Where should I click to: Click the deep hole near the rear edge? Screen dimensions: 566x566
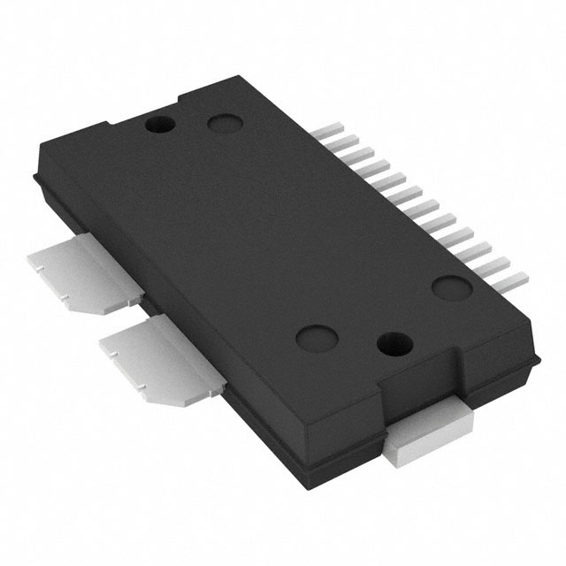tap(159, 124)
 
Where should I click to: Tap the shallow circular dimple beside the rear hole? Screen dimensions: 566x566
tap(221, 126)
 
